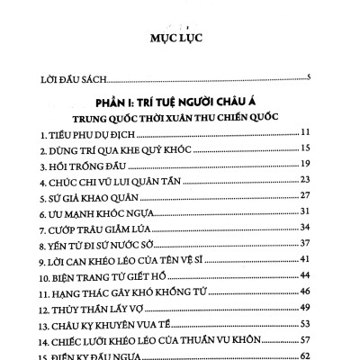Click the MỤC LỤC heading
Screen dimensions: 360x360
pos(180,40)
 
